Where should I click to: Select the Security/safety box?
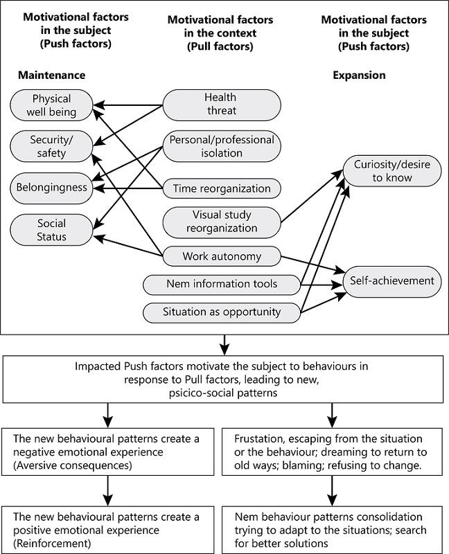(51, 145)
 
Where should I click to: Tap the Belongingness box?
(51, 187)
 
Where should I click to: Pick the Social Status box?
(51, 230)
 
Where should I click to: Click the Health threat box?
(221, 104)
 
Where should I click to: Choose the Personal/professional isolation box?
(221, 145)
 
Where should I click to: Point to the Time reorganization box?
(221, 188)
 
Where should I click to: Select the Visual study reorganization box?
(221, 222)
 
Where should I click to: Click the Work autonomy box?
(221, 256)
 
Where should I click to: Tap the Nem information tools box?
(221, 283)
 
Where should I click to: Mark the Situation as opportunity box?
(221, 312)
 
